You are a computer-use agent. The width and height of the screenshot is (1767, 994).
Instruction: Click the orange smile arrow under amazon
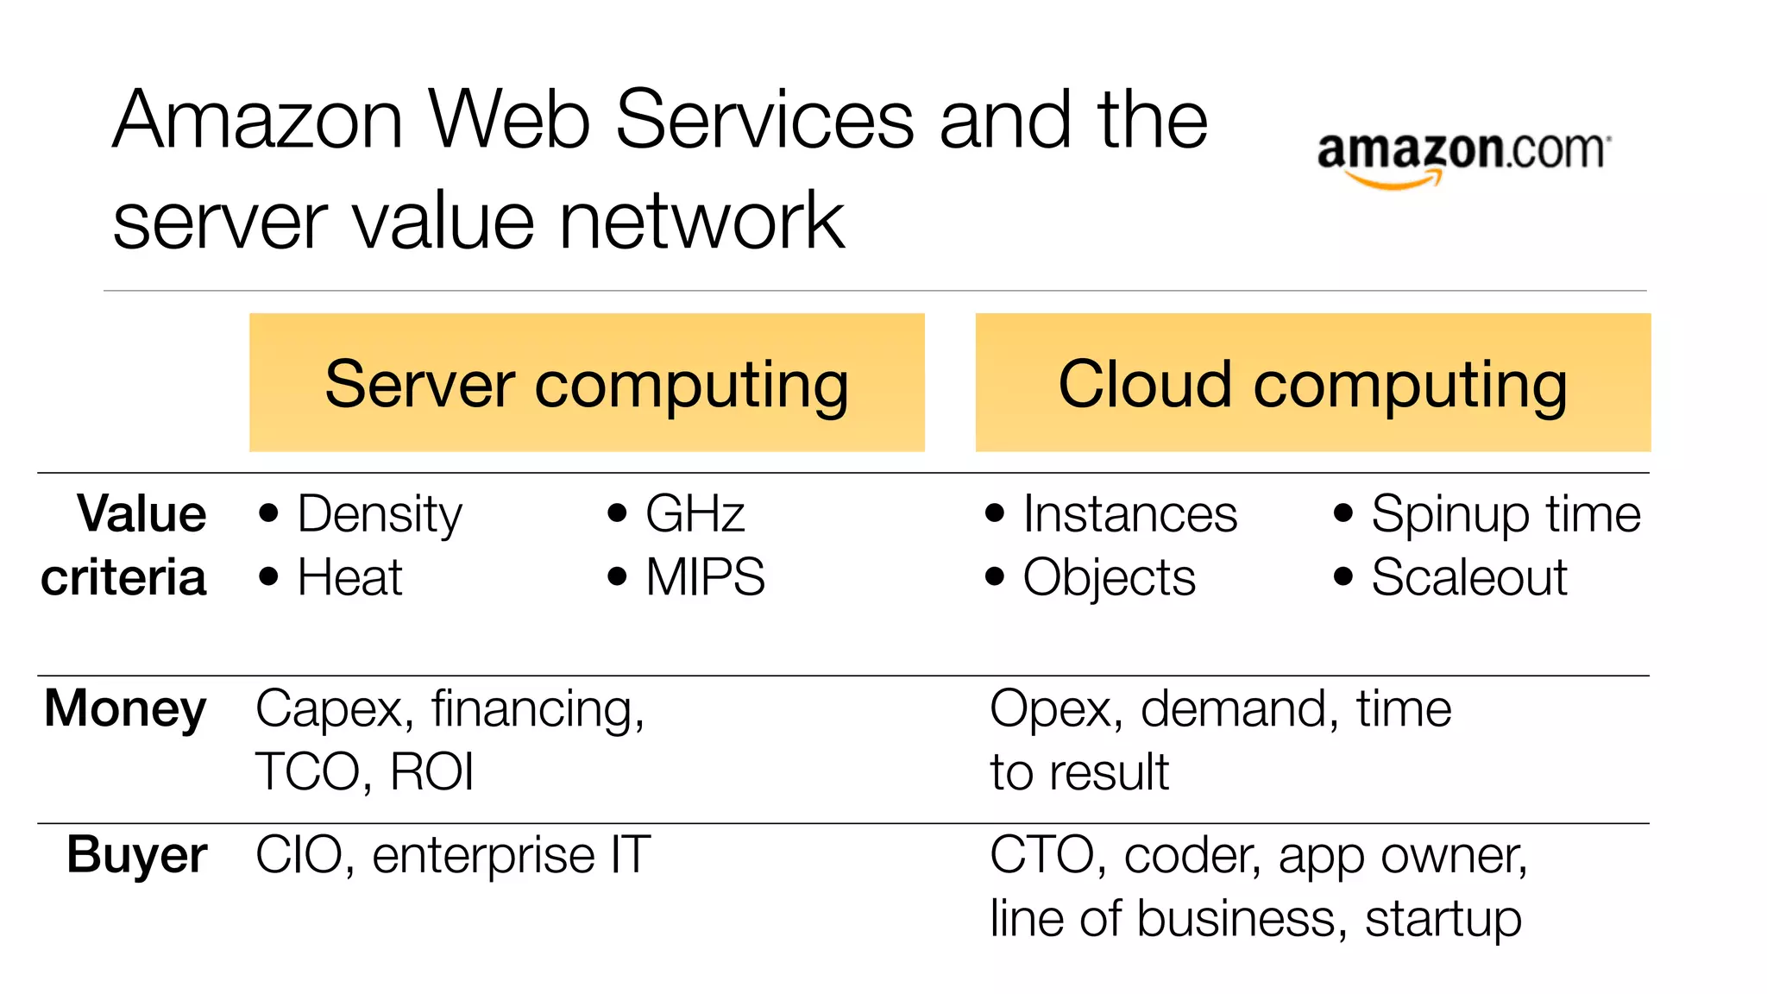(x=1394, y=180)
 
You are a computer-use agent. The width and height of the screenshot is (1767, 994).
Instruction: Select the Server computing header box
(x=587, y=382)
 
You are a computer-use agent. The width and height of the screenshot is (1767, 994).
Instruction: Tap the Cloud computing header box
(x=1312, y=382)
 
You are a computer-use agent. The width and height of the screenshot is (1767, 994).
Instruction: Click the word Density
(x=380, y=515)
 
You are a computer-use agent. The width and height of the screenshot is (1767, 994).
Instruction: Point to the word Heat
(x=349, y=577)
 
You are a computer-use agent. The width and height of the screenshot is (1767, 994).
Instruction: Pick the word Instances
(x=1129, y=514)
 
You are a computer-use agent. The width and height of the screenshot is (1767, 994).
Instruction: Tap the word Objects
(x=1109, y=578)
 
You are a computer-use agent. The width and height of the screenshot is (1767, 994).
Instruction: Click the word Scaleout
(x=1468, y=577)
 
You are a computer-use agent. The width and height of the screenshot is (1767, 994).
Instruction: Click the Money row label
(x=125, y=709)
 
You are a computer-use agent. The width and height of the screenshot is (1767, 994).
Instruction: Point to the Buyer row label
(x=136, y=855)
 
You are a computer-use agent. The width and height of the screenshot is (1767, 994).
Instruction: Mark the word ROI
(x=431, y=771)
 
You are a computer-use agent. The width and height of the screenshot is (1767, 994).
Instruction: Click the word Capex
(x=329, y=710)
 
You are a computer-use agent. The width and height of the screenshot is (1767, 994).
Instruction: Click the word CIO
(x=299, y=855)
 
